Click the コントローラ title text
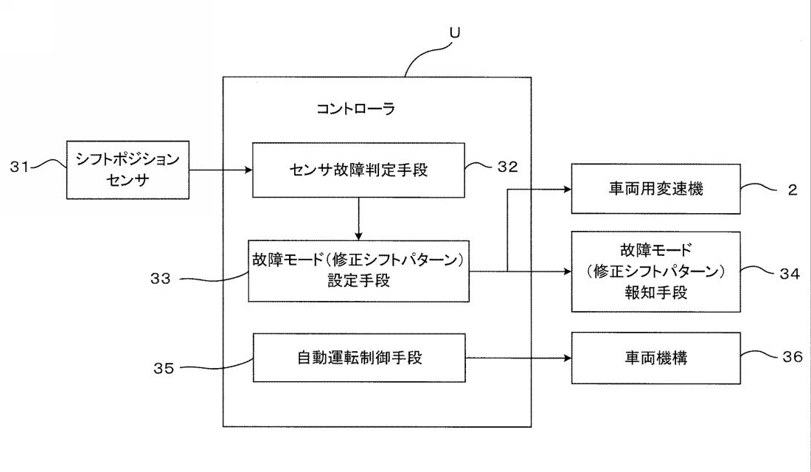355,109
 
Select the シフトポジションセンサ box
128,170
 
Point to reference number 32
508,167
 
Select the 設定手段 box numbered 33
359,271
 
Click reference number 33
160,279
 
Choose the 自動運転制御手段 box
359,358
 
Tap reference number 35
164,368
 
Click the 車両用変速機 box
655,189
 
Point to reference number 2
793,190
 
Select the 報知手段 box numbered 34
655,271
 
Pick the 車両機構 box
655,358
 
